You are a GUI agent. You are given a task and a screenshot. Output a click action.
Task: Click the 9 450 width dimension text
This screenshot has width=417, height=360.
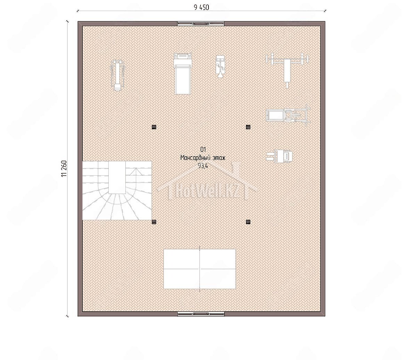click(201, 7)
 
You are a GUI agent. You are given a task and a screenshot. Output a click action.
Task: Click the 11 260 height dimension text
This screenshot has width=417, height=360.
click(64, 169)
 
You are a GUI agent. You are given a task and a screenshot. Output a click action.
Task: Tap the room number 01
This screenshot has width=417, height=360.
click(203, 150)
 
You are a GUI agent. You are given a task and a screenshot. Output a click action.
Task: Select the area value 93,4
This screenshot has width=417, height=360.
click(203, 166)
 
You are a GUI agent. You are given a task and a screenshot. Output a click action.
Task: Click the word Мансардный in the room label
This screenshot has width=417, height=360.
click(194, 158)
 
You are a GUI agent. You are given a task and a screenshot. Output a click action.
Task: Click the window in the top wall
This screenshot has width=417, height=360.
click(201, 24)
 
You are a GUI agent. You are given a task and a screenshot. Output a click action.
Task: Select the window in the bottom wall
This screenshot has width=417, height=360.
click(201, 314)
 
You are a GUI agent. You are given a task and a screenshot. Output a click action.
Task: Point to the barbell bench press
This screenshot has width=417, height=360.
click(287, 70)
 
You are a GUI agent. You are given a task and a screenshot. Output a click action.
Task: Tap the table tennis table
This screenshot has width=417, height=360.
click(199, 269)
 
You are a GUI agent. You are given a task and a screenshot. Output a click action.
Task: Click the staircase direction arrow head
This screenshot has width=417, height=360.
click(136, 171)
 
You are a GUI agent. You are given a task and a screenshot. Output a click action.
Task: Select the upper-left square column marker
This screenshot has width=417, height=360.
click(154, 127)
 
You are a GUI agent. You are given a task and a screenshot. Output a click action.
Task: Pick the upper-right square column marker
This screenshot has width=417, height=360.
click(248, 127)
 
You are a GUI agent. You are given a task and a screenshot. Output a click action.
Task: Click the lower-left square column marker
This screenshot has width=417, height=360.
click(154, 222)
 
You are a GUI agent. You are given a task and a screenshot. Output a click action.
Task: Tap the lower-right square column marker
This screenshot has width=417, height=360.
click(248, 222)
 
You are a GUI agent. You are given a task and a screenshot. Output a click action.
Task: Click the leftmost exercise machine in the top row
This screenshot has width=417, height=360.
click(117, 76)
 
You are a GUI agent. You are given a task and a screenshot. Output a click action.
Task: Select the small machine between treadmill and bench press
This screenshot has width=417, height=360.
click(220, 67)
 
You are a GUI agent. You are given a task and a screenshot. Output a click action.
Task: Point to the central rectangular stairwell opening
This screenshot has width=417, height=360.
click(117, 177)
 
